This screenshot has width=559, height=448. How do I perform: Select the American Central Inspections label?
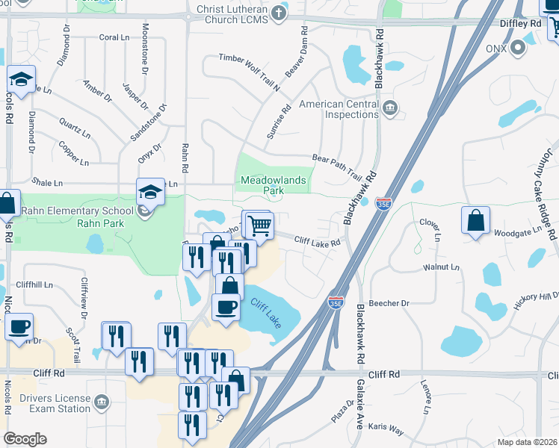click(x=339, y=110)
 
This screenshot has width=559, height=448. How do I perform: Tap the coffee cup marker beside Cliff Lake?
click(x=226, y=306)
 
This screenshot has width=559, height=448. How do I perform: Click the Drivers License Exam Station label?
click(x=55, y=403)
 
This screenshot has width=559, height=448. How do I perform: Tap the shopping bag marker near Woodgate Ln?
click(x=475, y=220)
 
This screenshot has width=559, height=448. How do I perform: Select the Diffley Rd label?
click(x=521, y=24)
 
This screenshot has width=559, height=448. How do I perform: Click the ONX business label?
click(x=495, y=49)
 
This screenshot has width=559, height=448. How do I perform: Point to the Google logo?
click(x=25, y=439)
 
